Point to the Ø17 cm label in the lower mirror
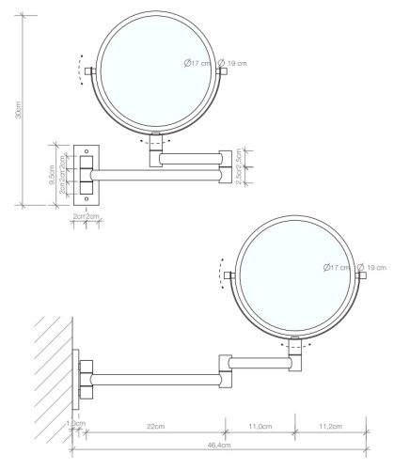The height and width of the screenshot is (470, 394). click(336, 268)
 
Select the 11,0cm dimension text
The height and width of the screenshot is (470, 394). click(260, 427)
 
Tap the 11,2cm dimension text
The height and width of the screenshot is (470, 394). click(329, 427)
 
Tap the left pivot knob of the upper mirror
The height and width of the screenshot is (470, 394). click(90, 71)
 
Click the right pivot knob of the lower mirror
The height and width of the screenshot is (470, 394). click(361, 275)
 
